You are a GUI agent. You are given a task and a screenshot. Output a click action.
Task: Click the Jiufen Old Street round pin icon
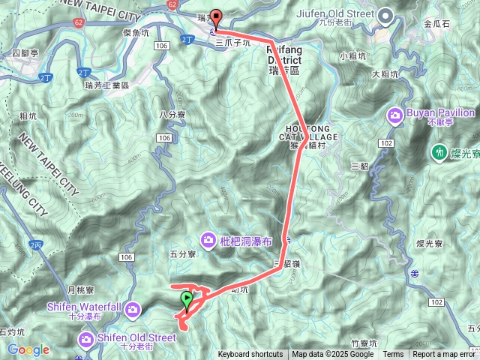(385, 15)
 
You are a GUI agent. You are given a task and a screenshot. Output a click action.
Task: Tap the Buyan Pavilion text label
(441, 113)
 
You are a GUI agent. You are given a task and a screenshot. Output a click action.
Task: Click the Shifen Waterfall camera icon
(133, 309)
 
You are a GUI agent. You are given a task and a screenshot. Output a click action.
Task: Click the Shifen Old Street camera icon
(87, 341)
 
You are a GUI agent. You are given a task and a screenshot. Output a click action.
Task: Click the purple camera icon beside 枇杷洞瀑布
(208, 240)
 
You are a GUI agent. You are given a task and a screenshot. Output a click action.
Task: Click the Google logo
(28, 349)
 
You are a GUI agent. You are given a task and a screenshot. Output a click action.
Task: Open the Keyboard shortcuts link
(250, 355)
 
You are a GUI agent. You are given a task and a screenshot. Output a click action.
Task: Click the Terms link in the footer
(393, 355)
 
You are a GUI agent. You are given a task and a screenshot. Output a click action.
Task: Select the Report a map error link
(444, 355)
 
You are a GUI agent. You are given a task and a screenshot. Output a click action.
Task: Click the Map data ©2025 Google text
(333, 355)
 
